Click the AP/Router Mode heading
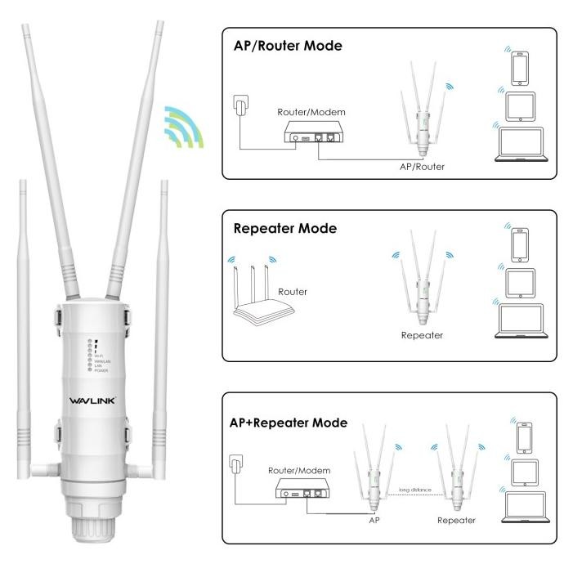coord(289,46)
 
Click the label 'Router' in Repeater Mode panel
coord(292,291)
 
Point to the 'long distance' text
coord(414,490)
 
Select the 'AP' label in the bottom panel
coord(372,518)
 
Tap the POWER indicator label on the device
coord(101,370)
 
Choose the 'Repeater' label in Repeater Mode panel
coord(421,335)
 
